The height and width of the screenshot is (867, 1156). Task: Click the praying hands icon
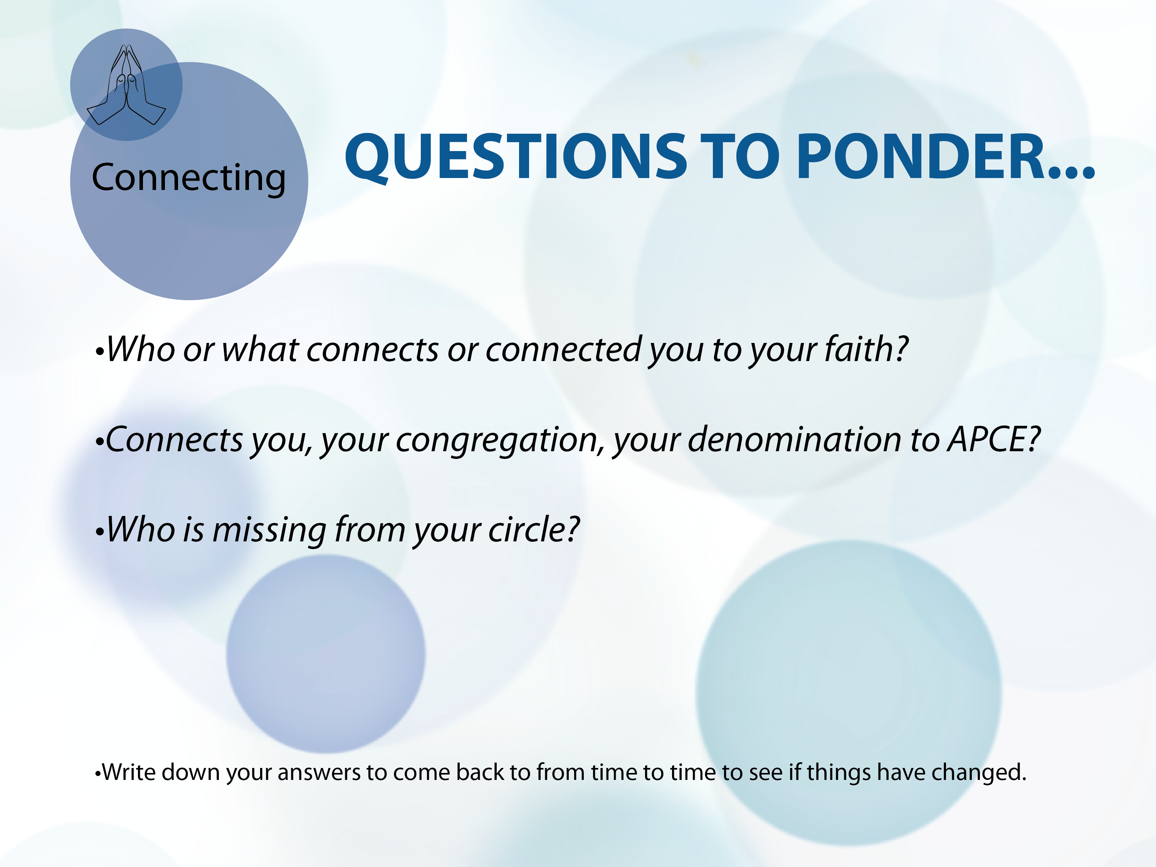pos(126,85)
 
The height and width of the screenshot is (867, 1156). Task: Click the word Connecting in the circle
pos(189,178)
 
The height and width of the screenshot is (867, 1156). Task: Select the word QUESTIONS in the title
pos(515,157)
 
